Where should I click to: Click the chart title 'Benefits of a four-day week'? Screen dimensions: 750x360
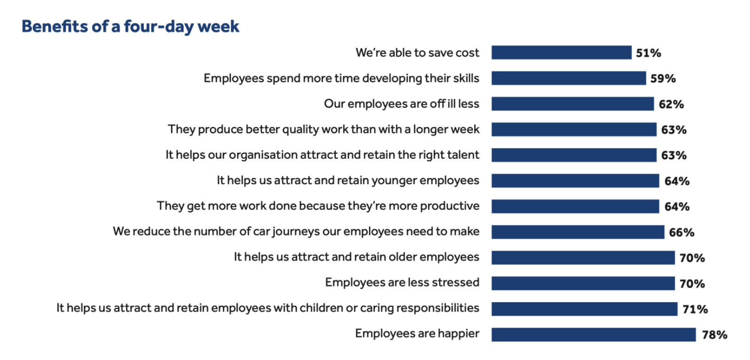point(131,27)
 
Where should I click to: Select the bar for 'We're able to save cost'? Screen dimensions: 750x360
point(562,53)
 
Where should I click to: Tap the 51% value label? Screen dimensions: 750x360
point(648,53)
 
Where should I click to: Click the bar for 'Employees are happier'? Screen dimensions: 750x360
point(594,335)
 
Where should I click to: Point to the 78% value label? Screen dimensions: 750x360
point(714,335)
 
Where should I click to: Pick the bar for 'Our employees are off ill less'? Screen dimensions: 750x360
point(572,104)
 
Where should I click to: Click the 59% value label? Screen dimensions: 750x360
point(663,78)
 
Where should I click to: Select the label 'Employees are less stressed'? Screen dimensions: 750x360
point(402,282)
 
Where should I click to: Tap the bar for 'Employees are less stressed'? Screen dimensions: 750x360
point(583,283)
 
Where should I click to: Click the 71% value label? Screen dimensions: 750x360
point(695,309)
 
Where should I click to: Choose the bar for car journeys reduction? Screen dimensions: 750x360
point(578,232)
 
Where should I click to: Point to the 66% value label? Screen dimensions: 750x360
point(682,233)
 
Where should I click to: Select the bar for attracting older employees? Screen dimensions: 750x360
point(583,258)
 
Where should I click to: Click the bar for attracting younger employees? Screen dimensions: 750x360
point(575,181)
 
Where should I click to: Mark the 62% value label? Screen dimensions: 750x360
point(672,104)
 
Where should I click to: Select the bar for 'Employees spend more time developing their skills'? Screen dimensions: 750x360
point(569,78)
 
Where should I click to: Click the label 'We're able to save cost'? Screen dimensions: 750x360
point(417,53)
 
